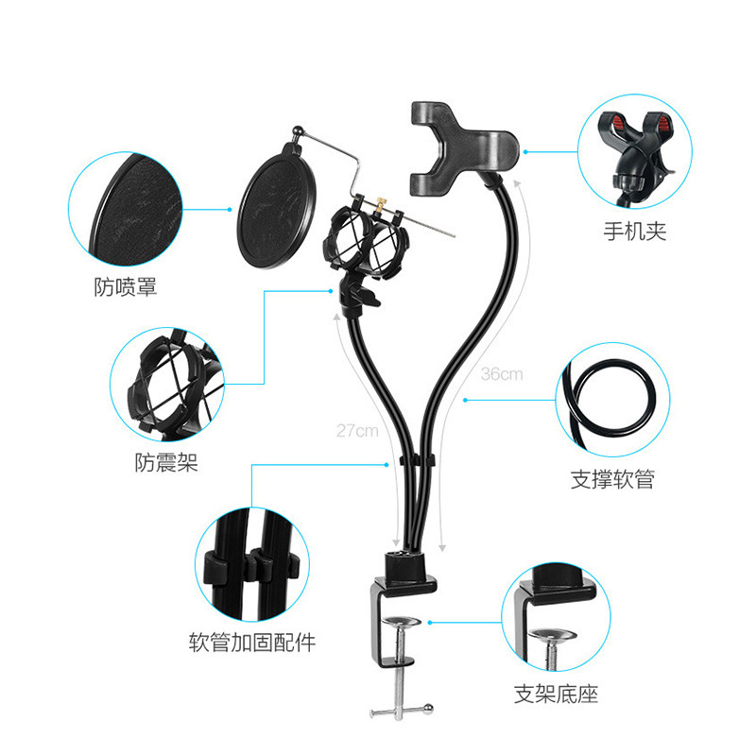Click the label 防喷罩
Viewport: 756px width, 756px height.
click(126, 287)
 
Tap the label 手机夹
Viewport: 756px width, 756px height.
click(635, 232)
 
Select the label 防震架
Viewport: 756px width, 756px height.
click(166, 462)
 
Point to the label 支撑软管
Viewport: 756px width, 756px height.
click(612, 479)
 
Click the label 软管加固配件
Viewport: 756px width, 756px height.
click(252, 643)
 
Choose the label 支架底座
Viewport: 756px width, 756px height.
click(556, 694)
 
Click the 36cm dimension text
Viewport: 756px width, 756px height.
click(502, 374)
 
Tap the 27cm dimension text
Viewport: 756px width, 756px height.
click(357, 431)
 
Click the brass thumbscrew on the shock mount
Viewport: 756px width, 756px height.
click(382, 204)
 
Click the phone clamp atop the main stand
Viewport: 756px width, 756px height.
click(464, 148)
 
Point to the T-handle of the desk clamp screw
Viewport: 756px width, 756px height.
click(401, 711)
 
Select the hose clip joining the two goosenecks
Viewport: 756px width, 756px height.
click(417, 460)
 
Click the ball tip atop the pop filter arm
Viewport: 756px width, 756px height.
click(298, 130)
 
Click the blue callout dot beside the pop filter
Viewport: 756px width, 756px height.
click(230, 209)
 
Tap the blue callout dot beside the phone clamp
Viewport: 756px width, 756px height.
click(525, 152)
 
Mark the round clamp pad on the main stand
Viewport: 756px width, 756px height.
click(401, 622)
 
